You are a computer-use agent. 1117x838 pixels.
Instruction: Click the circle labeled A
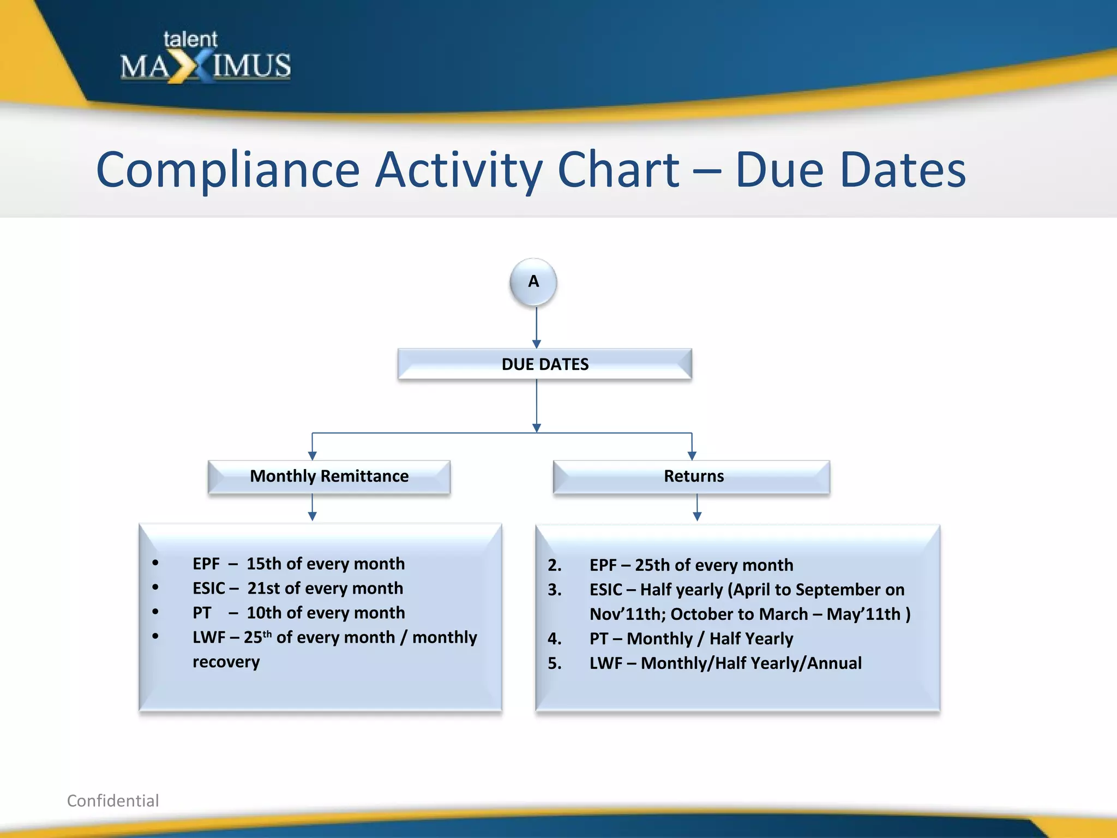533,282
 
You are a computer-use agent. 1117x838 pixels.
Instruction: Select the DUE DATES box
544,364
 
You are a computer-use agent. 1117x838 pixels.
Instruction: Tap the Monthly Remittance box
329,476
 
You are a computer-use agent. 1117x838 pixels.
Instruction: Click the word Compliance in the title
227,170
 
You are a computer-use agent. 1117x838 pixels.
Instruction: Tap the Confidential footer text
113,800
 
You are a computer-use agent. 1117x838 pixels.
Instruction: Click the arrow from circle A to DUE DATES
537,327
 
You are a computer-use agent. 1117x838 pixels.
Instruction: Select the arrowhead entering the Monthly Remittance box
313,456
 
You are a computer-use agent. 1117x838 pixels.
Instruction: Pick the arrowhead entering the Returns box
692,456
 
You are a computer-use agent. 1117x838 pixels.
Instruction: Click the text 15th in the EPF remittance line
264,564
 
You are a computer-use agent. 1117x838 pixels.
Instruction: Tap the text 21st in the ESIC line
264,588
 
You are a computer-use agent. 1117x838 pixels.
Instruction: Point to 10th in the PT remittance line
265,613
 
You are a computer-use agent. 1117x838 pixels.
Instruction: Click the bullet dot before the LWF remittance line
155,636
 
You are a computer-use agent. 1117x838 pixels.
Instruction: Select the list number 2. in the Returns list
554,565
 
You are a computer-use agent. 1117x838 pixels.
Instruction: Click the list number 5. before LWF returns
554,663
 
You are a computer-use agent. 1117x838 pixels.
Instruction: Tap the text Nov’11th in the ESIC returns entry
627,614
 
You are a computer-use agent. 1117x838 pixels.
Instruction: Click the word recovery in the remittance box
226,662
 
